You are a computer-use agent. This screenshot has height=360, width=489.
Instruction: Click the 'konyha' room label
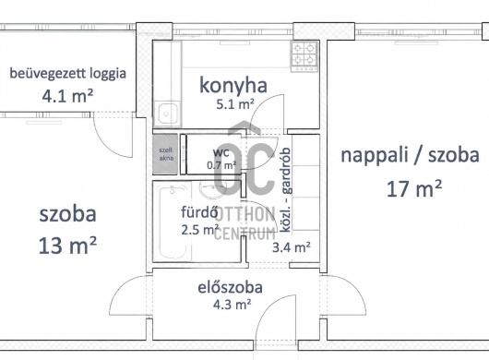233,86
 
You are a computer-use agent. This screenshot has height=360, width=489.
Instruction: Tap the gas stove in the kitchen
304,56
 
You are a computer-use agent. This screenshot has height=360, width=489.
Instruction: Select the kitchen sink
168,114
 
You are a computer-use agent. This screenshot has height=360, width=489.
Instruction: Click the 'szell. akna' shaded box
165,154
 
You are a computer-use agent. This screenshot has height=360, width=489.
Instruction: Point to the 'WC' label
221,153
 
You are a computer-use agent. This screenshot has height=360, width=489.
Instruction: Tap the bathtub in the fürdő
173,222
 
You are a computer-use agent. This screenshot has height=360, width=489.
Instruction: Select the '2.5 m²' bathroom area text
200,230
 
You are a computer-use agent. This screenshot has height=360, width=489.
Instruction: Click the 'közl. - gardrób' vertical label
286,190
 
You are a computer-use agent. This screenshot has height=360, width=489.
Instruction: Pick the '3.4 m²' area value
292,247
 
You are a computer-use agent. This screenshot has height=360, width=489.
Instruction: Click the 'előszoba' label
230,288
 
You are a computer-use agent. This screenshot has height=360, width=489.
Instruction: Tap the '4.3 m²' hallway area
232,305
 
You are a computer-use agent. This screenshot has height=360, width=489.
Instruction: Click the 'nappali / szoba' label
410,155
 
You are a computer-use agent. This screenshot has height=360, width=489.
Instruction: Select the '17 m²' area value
414,188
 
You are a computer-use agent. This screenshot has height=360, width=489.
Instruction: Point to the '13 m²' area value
67,246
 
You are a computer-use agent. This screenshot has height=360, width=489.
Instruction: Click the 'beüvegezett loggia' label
67,74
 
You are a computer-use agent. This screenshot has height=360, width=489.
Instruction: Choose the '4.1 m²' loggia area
67,96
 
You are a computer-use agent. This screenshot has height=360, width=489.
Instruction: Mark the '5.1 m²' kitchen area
235,104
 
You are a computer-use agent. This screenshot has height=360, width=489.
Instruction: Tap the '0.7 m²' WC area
221,165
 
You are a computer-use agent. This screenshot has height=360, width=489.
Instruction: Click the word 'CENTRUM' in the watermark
245,234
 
